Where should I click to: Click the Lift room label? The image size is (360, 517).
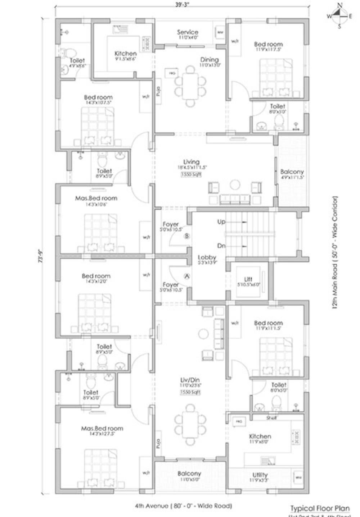click(248, 279)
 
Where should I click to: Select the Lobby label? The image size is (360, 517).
click(207, 257)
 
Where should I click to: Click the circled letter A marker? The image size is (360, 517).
click(186, 276)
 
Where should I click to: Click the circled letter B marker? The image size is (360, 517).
click(186, 236)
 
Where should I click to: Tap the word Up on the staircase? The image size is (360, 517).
click(221, 222)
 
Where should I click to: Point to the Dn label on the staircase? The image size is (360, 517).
click(221, 246)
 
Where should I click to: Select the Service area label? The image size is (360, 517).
click(188, 32)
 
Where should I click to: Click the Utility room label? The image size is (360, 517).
click(260, 475)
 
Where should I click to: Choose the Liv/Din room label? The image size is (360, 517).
click(190, 380)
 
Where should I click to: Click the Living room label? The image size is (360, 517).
click(191, 162)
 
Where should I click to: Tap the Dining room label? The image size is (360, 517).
click(209, 60)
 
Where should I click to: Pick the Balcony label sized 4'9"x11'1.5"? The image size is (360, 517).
click(292, 172)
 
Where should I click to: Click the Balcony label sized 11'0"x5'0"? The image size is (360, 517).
click(189, 474)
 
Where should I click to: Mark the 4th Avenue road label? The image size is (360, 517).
click(183, 506)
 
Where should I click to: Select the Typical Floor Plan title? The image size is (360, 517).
click(320, 508)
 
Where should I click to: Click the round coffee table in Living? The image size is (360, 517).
click(235, 184)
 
